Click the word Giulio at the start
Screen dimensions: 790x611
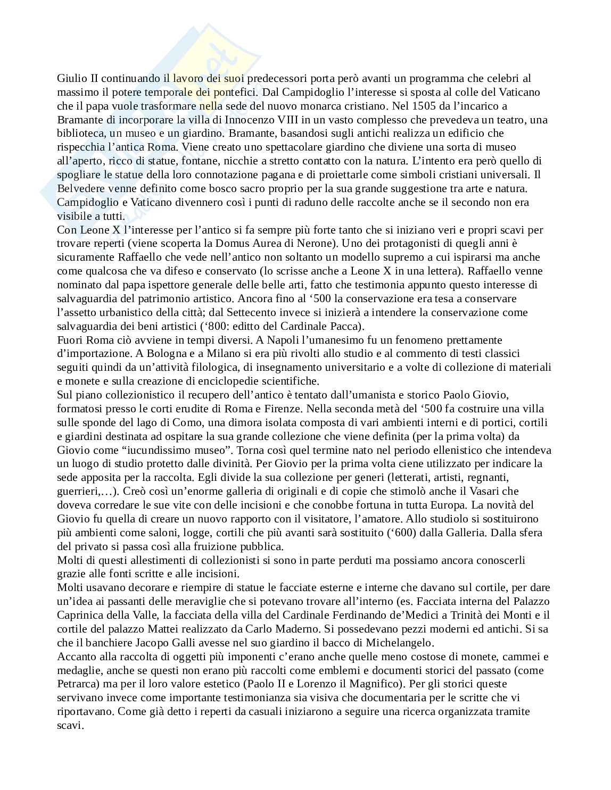[x=70, y=78]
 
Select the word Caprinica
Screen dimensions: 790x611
[x=82, y=615]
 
